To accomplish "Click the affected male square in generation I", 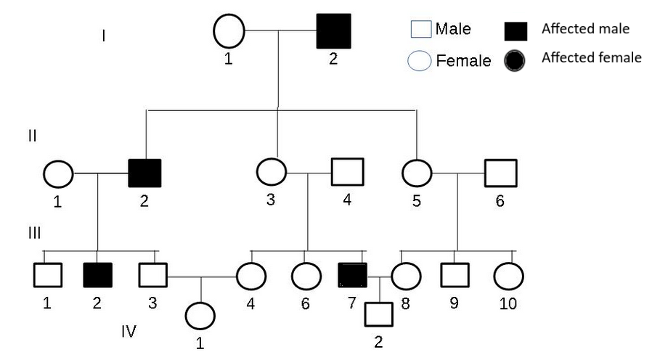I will click(x=334, y=31).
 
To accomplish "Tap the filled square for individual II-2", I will click(x=144, y=173).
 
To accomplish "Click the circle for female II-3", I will click(x=272, y=173).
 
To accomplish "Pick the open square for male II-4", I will click(x=347, y=173).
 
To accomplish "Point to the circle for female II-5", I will click(x=417, y=173).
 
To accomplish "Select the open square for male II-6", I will click(x=500, y=173).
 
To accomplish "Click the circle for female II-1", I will click(x=58, y=173).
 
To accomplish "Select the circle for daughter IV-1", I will click(x=200, y=316).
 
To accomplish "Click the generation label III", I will click(x=33, y=233).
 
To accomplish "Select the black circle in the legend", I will click(x=516, y=61).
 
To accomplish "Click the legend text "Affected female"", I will click(x=591, y=57).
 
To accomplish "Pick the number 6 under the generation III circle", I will click(x=305, y=303).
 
